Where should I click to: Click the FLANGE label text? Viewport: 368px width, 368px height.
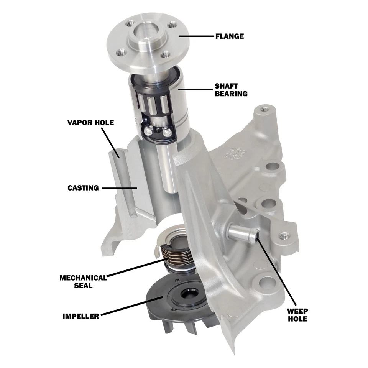tap(230, 36)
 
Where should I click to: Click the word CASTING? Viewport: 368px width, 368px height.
tap(83, 188)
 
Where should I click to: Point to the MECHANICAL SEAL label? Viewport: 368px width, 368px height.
tap(82, 281)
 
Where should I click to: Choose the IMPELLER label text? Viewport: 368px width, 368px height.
tap(80, 316)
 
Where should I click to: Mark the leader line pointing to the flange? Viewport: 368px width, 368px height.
tap(195, 36)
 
